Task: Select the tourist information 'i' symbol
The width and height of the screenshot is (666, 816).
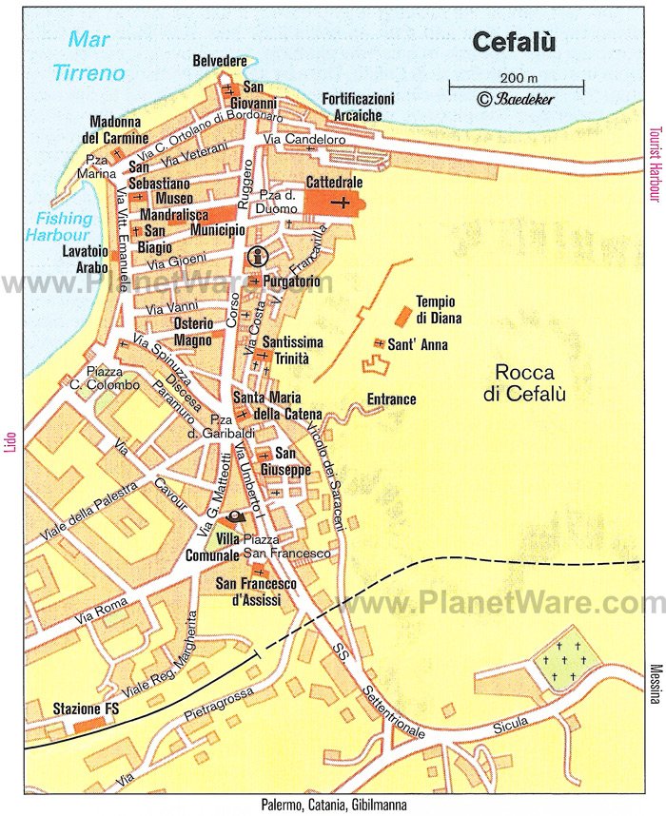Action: (255, 256)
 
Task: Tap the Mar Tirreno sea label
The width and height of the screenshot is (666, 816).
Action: (90, 56)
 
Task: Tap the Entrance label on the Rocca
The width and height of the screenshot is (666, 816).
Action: (391, 399)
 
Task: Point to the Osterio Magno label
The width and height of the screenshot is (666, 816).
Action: (193, 333)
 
